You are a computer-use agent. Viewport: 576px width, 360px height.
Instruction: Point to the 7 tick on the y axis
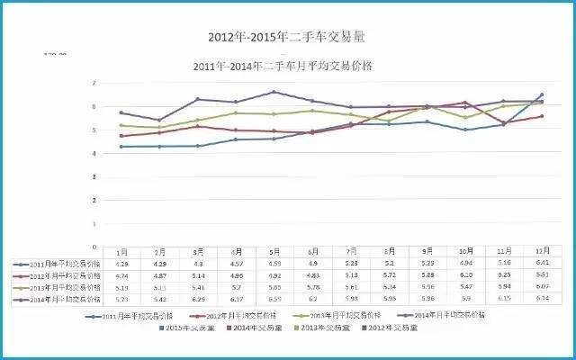click(x=94, y=83)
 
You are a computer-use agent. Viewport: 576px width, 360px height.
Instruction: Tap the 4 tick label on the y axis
click(x=94, y=153)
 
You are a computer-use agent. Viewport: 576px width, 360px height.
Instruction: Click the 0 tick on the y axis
click(x=94, y=247)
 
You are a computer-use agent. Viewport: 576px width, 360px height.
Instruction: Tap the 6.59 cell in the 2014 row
click(x=274, y=299)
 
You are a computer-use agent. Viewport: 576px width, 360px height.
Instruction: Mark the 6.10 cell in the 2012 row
click(x=463, y=275)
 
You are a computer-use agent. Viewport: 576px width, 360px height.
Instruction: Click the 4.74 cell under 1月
click(x=121, y=275)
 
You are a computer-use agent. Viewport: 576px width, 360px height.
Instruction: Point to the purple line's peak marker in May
click(x=273, y=93)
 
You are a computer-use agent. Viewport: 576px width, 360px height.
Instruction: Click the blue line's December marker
click(x=541, y=94)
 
